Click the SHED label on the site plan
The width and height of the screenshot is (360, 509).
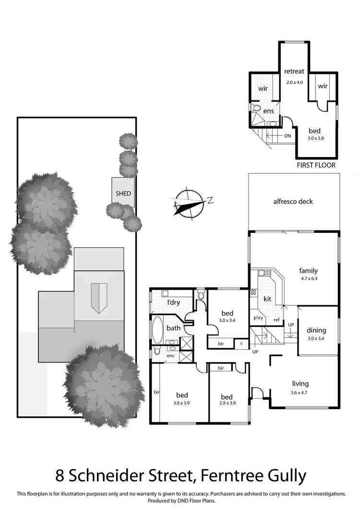click(x=123, y=194)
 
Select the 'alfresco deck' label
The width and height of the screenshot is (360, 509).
click(x=292, y=201)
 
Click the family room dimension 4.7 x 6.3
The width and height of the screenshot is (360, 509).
click(x=308, y=278)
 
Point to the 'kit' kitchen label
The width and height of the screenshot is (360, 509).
click(x=268, y=299)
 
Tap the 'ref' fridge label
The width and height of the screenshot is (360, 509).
click(x=276, y=320)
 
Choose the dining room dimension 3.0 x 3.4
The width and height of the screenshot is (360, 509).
click(x=316, y=338)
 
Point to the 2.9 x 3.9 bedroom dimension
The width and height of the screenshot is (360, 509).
click(x=227, y=403)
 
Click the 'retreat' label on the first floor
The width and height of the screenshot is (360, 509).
click(x=294, y=71)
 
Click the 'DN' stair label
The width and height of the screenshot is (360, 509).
click(x=288, y=136)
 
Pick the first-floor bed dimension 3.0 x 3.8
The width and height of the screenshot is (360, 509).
click(x=314, y=138)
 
